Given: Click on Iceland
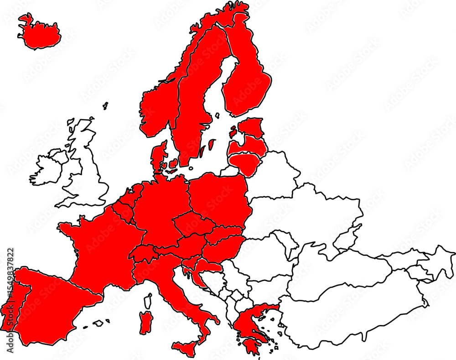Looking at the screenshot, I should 40,33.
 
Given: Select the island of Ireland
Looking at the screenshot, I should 47,167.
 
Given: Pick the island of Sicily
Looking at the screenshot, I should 186,349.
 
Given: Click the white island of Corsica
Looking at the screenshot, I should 148,301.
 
